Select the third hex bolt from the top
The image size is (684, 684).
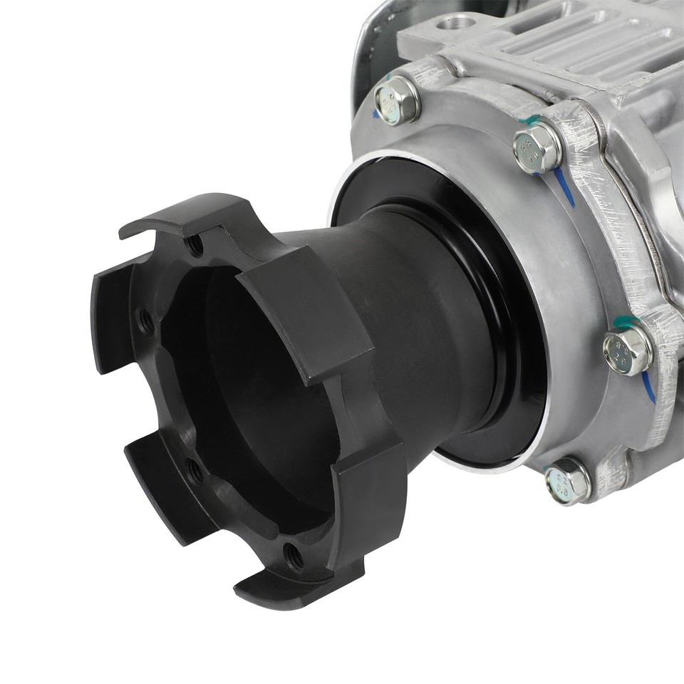point(627,350)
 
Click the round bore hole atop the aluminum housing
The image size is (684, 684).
point(452,23)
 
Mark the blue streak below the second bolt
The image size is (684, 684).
point(564,187)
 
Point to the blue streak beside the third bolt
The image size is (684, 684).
point(648,385)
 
